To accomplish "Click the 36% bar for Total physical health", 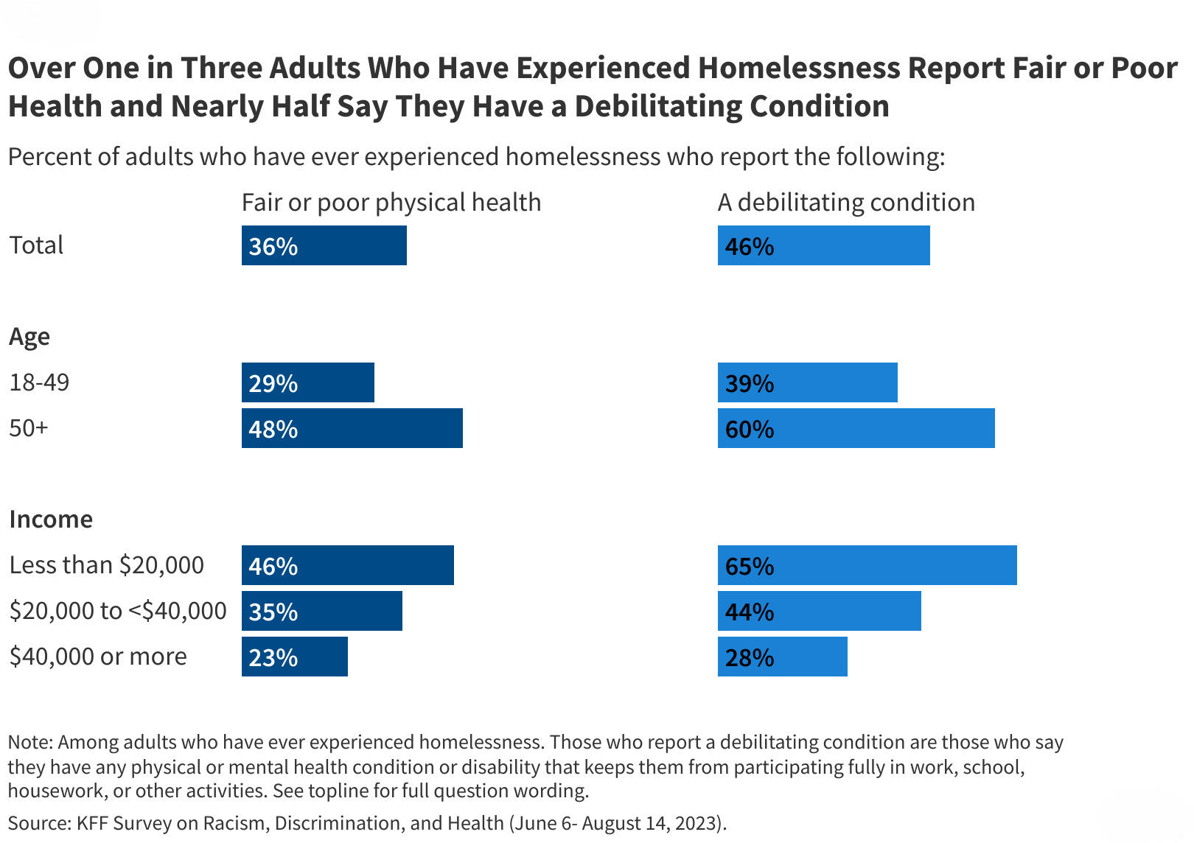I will pos(324,245).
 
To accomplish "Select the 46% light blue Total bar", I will pos(823,245).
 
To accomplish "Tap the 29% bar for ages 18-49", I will pos(308,382).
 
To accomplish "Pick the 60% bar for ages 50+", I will pos(856,428).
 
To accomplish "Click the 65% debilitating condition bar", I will pos(867,565).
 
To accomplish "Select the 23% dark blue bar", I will pos(295,657).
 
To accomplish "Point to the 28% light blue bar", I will pos(782,657).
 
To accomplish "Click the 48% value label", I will pos(273,429).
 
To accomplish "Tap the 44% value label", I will pos(750,612).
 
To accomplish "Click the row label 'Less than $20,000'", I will pos(107,565).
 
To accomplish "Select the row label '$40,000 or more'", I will pos(98,657).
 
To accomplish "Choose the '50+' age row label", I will pos(29,428).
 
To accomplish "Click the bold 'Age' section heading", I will pos(29,337).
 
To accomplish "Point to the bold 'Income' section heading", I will pos(51,520).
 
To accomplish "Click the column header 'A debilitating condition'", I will pos(846,203).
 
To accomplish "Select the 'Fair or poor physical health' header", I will pos(391,203).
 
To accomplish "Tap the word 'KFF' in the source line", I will pos(92,823).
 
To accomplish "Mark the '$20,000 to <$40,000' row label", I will pos(118,611).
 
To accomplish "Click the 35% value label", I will pos(273,612).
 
